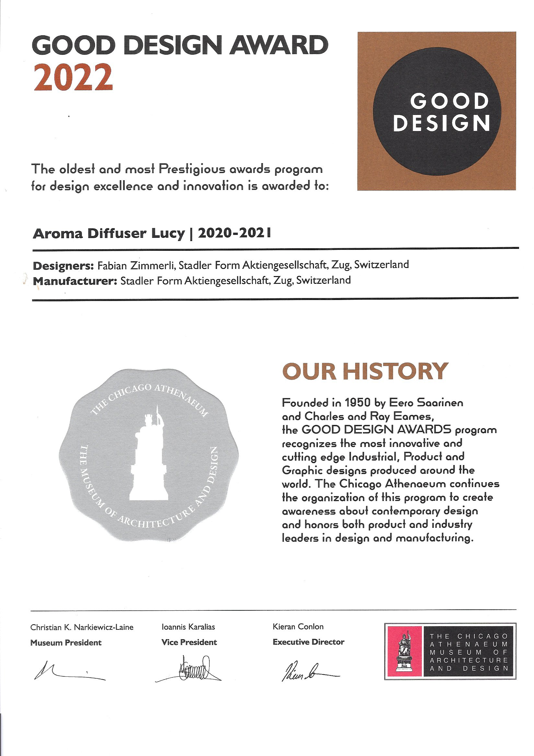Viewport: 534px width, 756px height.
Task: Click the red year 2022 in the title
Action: tap(73, 77)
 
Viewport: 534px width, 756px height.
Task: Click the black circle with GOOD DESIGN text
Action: tap(437, 111)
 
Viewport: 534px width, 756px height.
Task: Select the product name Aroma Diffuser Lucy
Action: tap(109, 234)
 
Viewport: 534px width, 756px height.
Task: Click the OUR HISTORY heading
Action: tap(365, 372)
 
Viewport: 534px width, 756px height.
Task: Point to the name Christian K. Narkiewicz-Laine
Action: tap(82, 627)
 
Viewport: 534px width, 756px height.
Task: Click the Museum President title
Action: tap(66, 643)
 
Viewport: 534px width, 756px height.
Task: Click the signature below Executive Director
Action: tap(307, 670)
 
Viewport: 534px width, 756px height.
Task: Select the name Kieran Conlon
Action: tap(298, 627)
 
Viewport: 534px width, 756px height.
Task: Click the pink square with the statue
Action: tap(404, 651)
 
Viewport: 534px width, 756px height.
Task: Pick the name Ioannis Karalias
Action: tap(188, 627)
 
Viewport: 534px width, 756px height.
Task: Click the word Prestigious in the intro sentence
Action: tap(192, 169)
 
